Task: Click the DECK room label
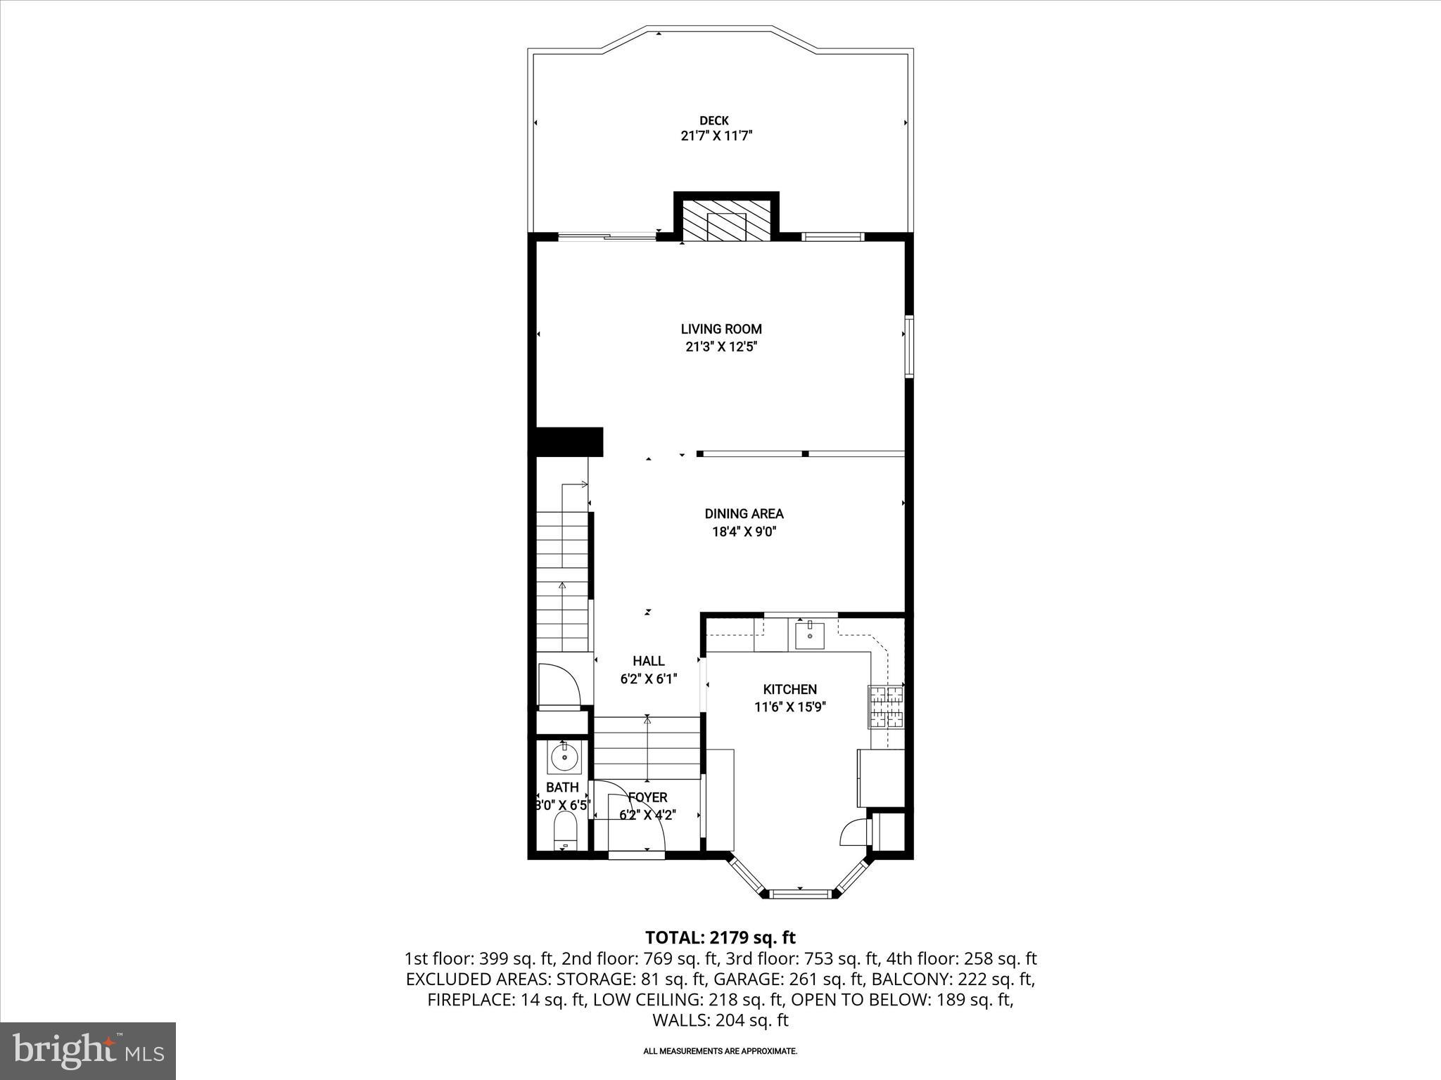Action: (x=713, y=121)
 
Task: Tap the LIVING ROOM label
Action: (x=720, y=328)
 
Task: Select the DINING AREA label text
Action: (x=744, y=514)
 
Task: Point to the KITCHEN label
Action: (x=789, y=690)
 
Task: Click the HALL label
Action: (x=648, y=661)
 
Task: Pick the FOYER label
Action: (x=647, y=797)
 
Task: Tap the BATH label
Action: (x=562, y=787)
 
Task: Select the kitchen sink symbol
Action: (x=809, y=634)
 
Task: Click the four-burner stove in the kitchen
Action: (x=887, y=707)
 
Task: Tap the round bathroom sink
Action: (x=564, y=758)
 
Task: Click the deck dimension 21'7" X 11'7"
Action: (x=716, y=136)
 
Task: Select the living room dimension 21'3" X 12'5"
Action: (x=720, y=347)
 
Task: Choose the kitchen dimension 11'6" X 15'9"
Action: (x=789, y=707)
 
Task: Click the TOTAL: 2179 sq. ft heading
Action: (x=720, y=938)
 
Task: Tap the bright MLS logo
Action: (x=88, y=1050)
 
